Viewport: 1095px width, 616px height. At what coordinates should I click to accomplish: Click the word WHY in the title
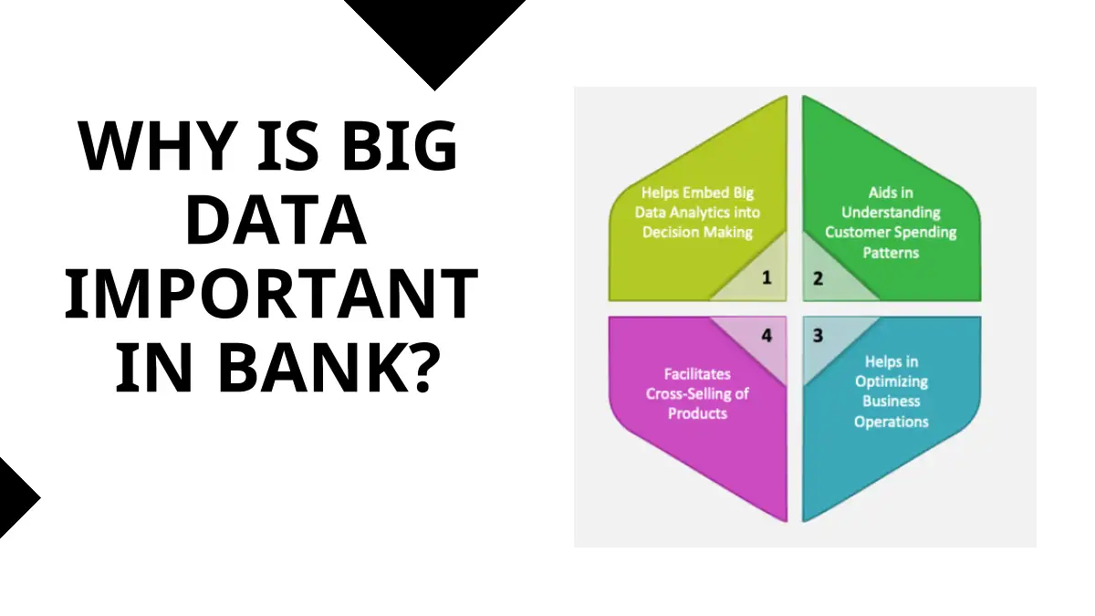(157, 146)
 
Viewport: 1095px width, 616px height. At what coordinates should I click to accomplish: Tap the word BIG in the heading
(400, 146)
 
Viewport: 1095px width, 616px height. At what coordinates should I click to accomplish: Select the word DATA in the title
(276, 219)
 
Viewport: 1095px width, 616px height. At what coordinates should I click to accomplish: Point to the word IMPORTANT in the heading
(271, 293)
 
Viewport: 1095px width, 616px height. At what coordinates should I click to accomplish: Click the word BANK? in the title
(330, 367)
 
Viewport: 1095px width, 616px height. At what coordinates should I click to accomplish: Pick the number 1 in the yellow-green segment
(766, 277)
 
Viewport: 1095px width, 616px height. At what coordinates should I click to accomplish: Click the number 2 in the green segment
(818, 278)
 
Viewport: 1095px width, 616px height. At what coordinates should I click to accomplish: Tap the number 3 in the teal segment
(818, 336)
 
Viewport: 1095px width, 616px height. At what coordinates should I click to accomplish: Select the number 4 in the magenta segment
(766, 336)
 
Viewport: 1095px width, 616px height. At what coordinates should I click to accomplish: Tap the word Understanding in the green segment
(891, 213)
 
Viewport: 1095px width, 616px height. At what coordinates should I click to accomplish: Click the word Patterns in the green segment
(891, 252)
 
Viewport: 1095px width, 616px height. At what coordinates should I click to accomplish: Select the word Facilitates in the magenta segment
(697, 374)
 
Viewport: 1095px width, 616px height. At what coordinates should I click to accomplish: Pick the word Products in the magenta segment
(697, 413)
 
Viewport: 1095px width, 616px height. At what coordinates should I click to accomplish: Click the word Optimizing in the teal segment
(892, 381)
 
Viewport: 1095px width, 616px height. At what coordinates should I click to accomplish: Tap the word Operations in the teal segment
(892, 422)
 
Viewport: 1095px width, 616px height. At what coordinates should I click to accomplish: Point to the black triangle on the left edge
(15, 498)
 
